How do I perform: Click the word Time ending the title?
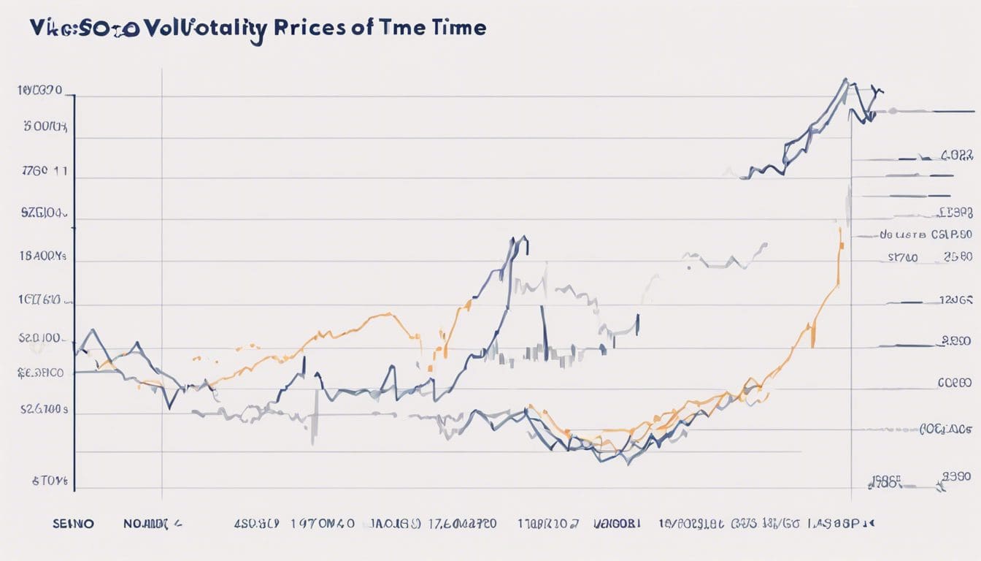click(x=459, y=28)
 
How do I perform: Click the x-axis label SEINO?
click(x=74, y=523)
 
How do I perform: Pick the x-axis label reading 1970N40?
click(x=323, y=523)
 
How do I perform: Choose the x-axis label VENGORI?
click(x=618, y=523)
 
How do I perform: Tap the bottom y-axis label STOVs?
click(x=50, y=481)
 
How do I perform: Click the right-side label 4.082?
click(x=957, y=156)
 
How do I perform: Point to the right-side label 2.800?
click(x=956, y=341)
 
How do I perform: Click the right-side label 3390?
click(x=957, y=477)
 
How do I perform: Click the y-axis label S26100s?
click(x=43, y=410)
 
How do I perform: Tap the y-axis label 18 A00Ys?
click(x=42, y=257)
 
